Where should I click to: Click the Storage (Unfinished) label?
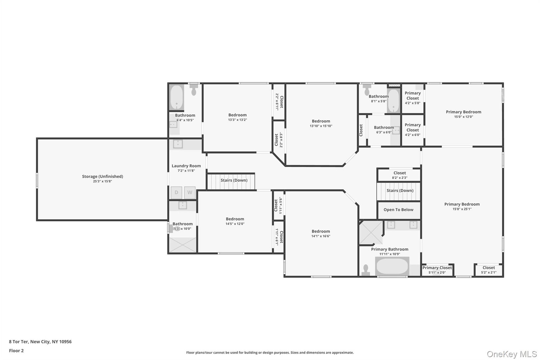[x=102, y=176]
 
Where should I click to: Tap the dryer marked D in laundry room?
[x=176, y=192]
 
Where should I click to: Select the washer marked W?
[x=190, y=192]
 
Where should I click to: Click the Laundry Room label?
[x=186, y=166]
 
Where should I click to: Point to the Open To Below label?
[x=398, y=210]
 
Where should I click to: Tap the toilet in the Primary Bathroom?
[x=366, y=269]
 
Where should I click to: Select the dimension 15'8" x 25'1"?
[x=462, y=209]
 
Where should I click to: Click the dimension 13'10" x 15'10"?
[x=321, y=126]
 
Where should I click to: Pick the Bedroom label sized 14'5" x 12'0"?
[x=235, y=219]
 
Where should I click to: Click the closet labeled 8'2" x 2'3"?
[x=399, y=175]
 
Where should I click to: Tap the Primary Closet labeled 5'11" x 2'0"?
[x=437, y=270]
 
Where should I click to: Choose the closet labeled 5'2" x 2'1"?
[x=488, y=270]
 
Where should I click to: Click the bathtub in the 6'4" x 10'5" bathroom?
[x=176, y=97]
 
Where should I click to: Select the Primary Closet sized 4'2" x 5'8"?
[x=412, y=98]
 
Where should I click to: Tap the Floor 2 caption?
[x=16, y=351]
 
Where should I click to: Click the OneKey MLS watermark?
[x=512, y=354]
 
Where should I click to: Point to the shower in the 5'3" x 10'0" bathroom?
[x=183, y=245]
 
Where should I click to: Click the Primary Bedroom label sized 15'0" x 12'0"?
[x=463, y=112]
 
